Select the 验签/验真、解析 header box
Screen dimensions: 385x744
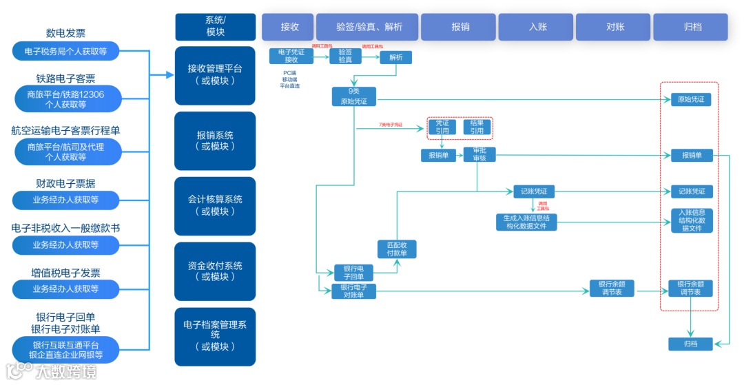369,27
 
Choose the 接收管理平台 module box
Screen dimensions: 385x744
215,74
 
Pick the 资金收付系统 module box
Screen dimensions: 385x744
215,271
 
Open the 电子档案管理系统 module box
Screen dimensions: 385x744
215,335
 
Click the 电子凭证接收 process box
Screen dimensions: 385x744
291,56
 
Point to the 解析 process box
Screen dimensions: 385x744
395,58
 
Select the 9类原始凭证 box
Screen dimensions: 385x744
354,96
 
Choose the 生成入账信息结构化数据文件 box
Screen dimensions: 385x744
526,222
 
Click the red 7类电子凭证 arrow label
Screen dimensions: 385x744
391,125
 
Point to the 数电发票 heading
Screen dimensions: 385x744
66,33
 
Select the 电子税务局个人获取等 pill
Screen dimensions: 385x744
66,51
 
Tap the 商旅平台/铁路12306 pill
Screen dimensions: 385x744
66,99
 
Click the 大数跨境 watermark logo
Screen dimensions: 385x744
52,372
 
